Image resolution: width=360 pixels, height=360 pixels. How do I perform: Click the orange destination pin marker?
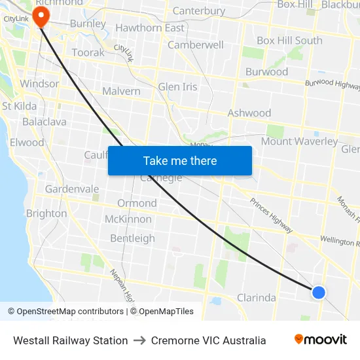coord(41,16)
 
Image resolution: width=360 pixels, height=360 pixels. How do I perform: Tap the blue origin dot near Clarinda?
coord(319,292)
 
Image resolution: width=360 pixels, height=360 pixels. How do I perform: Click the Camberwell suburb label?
coord(196,45)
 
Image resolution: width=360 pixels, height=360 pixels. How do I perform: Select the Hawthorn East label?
coord(150,28)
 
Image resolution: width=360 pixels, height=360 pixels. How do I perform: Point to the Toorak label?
coord(88,52)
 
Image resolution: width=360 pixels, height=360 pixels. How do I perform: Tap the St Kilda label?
coord(20,106)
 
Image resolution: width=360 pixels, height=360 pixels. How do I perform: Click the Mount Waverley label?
coord(299,141)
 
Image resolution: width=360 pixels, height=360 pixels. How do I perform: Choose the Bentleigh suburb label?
coord(132,238)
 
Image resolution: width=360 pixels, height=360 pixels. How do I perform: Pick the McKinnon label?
coord(128,219)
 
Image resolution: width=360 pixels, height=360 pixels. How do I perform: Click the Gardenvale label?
coord(72,189)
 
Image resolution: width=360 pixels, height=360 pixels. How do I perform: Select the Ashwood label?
coord(249,113)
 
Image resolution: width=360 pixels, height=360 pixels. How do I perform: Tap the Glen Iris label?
coord(177,87)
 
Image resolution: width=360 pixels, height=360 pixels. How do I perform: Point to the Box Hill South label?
coord(289,41)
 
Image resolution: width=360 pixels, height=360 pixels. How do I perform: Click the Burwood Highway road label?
coord(332,83)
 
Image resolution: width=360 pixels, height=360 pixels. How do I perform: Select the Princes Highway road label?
coord(271,213)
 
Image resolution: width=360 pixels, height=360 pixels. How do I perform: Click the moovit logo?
coord(321,340)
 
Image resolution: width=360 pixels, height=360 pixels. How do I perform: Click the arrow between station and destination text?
coord(139,340)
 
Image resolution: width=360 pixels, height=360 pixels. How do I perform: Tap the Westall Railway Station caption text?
coord(71,340)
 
